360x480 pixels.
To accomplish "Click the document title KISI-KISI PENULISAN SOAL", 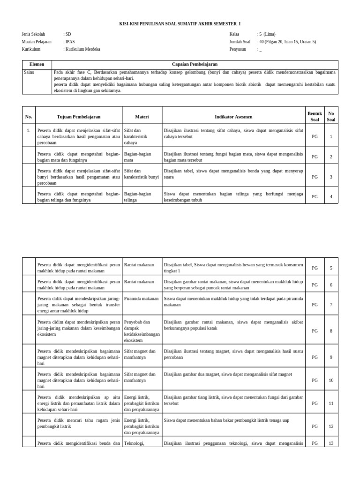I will pos(180,24).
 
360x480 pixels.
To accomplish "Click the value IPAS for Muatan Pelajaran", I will pos(70,42).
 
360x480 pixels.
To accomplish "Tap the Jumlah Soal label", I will pos(240,42).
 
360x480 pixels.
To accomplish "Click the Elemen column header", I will pos(37,64).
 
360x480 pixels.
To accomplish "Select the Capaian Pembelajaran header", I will pos(195,64).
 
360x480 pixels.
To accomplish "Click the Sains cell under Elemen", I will pos(29,72).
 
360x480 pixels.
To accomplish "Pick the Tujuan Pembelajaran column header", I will pos(79,117).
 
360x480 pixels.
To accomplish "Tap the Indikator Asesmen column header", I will pos(233,117).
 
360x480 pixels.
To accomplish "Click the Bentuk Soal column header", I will pos(315,117).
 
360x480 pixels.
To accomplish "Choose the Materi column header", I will pos(142,117).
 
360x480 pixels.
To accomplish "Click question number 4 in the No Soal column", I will pos(331,196).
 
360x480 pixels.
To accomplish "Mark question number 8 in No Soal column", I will pos(331,331).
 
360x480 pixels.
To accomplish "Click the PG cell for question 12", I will pos(315,426).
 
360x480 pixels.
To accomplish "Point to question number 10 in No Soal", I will pos(331,380).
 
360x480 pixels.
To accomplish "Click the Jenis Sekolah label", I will pos(34,34).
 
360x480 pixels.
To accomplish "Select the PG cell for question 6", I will pos(315,285).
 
